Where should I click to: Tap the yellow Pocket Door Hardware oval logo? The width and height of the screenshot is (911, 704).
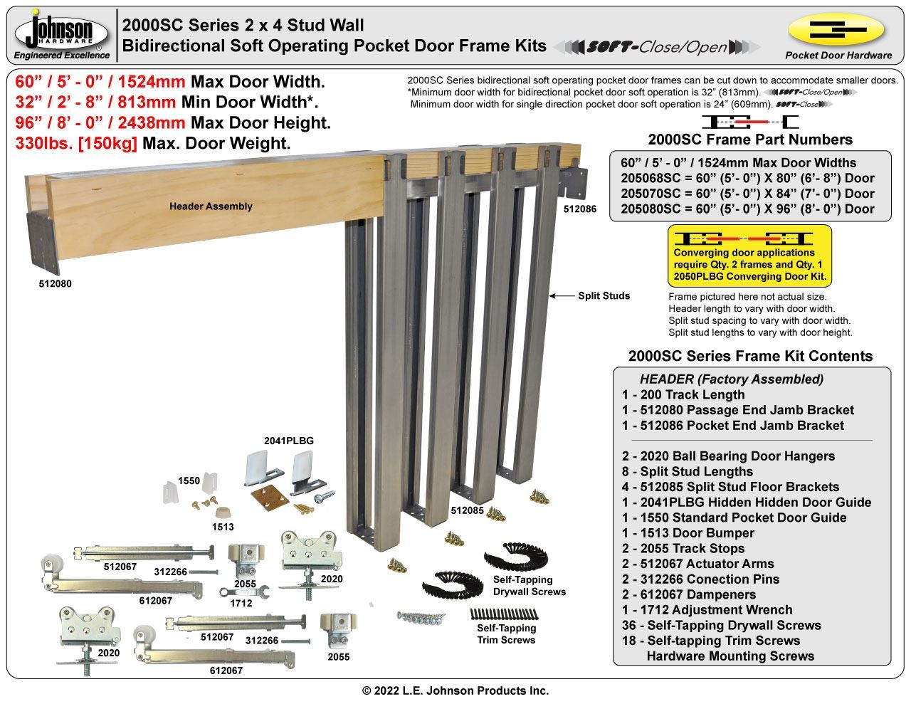(x=837, y=30)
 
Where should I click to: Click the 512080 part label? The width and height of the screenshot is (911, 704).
(x=55, y=283)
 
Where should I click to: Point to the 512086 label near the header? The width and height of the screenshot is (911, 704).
(x=579, y=209)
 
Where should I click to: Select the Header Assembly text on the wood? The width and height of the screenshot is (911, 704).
(x=211, y=206)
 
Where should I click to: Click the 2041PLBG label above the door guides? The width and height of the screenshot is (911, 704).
(x=289, y=441)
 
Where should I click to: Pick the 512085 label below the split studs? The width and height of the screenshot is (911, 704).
(x=468, y=510)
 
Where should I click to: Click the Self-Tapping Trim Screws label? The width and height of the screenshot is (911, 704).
(x=506, y=634)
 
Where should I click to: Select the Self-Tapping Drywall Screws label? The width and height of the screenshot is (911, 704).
(x=530, y=586)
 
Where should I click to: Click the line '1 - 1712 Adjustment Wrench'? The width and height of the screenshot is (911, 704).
(x=707, y=610)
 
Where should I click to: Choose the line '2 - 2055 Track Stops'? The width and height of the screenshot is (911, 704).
(x=683, y=549)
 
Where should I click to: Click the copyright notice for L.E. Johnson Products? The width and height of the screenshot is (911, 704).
(x=455, y=690)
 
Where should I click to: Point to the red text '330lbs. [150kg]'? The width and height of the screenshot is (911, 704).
(x=76, y=143)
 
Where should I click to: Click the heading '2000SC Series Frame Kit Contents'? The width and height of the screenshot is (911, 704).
(x=750, y=356)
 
